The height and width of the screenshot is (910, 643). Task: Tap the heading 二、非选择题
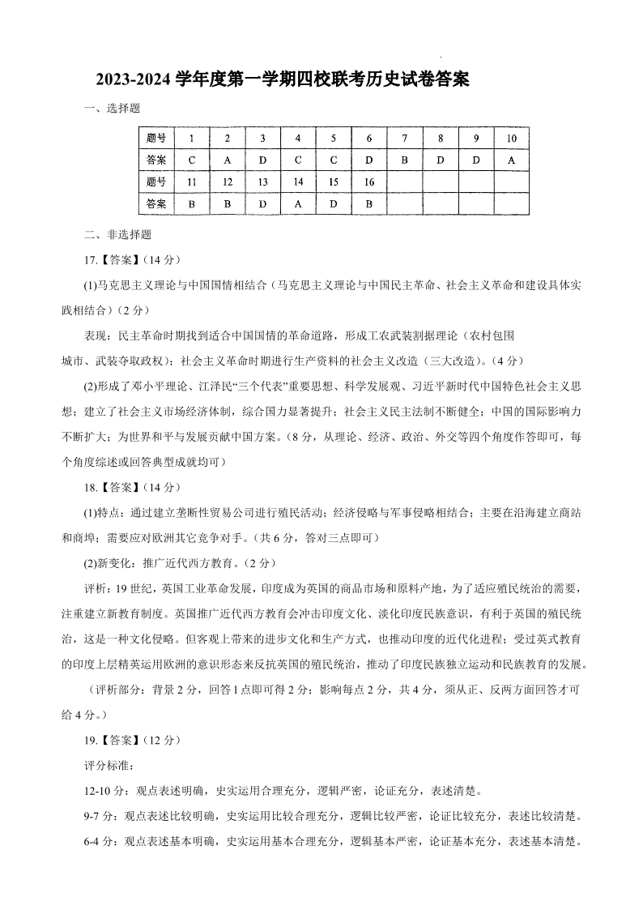tap(117, 236)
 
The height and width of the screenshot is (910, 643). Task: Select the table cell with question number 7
tap(405, 138)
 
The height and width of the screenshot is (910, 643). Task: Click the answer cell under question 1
tap(191, 160)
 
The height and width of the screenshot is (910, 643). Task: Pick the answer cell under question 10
tap(511, 160)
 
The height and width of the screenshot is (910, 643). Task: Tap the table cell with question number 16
tap(369, 182)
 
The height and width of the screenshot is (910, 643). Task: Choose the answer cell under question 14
tap(298, 204)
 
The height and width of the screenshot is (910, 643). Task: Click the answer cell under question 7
tap(405, 160)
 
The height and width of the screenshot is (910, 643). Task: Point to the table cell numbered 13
tap(262, 182)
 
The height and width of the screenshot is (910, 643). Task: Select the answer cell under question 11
tap(191, 204)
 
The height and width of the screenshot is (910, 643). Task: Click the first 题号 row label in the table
tap(156, 138)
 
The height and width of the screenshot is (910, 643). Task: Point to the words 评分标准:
tap(108, 765)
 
